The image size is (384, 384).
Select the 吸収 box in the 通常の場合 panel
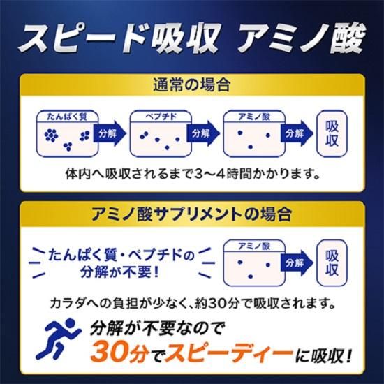coord(331,132)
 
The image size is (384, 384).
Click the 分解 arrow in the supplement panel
coord(294,262)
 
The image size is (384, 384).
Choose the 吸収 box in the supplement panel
coord(331,261)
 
